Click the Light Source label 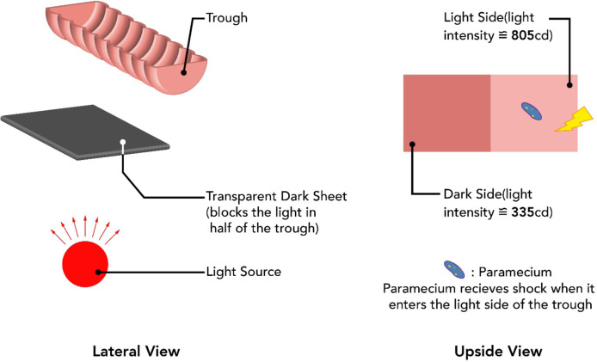[x=245, y=272]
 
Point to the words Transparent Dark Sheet [x=277, y=195]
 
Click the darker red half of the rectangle [x=446, y=113]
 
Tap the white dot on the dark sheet [x=125, y=142]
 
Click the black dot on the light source [x=101, y=272]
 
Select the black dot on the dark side [x=414, y=144]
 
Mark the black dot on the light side [x=568, y=83]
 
